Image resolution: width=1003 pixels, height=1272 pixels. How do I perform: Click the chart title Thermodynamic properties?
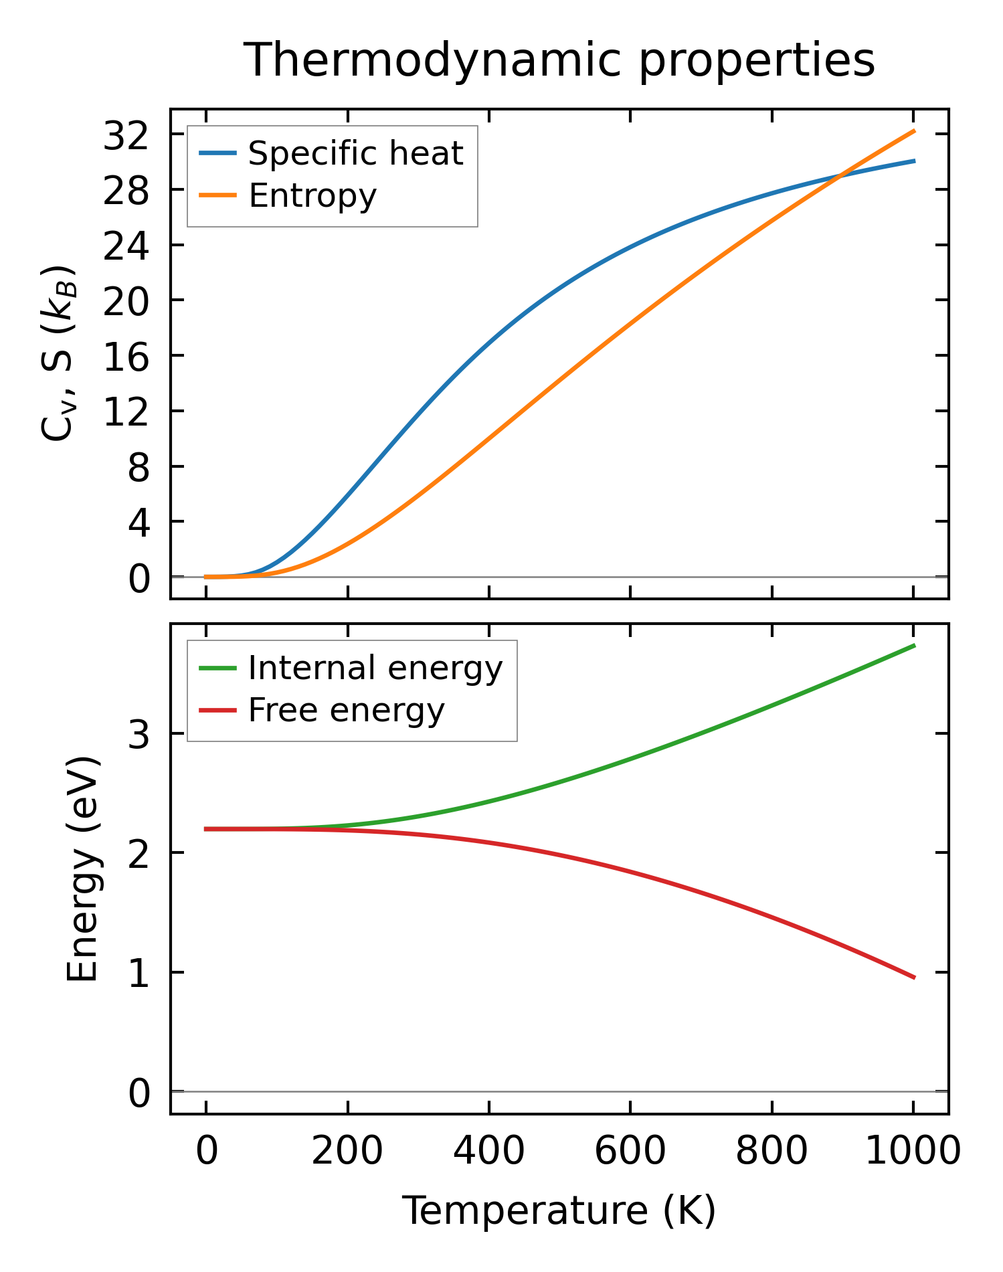(559, 60)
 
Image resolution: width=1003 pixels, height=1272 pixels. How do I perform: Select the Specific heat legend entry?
(355, 153)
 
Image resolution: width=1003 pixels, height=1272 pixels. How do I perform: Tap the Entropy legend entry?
(312, 195)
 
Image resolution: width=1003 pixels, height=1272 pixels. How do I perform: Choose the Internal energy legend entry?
(375, 668)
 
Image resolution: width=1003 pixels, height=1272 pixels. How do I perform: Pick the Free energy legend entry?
(346, 710)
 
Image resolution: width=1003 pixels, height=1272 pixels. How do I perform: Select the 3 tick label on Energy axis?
(139, 735)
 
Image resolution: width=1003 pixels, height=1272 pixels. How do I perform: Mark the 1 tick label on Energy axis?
(139, 974)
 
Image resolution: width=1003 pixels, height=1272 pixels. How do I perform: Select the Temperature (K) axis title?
(559, 1210)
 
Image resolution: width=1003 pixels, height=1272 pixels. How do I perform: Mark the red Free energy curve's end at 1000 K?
(913, 978)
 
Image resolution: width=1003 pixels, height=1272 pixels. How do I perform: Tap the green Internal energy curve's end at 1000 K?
(913, 646)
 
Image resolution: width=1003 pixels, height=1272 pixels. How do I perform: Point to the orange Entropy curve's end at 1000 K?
(913, 131)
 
